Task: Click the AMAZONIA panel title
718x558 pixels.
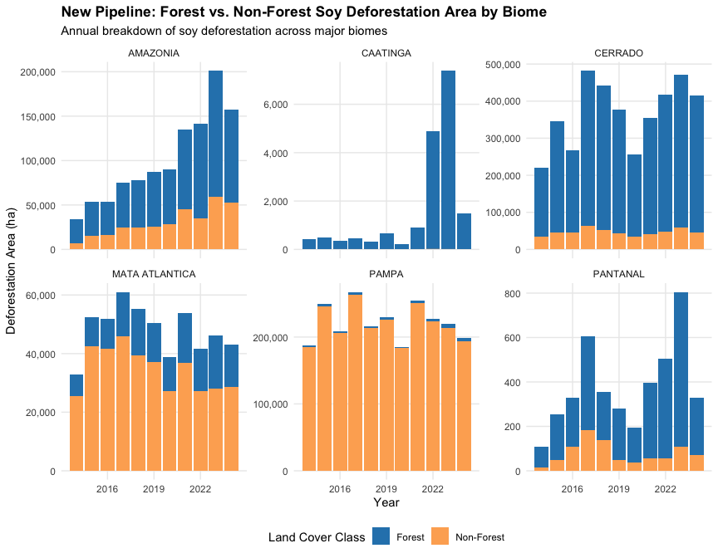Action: [x=154, y=53]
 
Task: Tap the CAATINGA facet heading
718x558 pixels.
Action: [x=386, y=53]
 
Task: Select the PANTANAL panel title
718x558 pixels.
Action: [x=618, y=274]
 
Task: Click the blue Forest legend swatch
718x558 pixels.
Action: [x=381, y=536]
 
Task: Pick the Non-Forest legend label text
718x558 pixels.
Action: [x=479, y=537]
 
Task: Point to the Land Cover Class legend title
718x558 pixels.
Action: [x=317, y=537]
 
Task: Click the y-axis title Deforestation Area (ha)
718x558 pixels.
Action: [x=11, y=272]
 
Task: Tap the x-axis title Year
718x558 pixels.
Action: [x=386, y=502]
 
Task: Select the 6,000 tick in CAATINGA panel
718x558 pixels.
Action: [x=276, y=105]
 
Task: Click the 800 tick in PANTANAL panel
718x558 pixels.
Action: [x=513, y=294]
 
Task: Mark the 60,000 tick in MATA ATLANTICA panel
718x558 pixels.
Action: [x=39, y=296]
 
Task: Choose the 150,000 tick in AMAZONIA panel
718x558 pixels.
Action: [x=37, y=117]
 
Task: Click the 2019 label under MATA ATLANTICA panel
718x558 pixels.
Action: [x=154, y=489]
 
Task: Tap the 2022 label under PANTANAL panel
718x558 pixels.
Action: [x=665, y=489]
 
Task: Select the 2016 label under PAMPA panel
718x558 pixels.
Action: [x=339, y=489]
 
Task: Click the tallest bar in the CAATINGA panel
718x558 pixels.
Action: [x=448, y=160]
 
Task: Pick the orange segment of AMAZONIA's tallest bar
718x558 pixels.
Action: [x=215, y=223]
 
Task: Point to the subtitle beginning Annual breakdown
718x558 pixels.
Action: [x=224, y=31]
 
